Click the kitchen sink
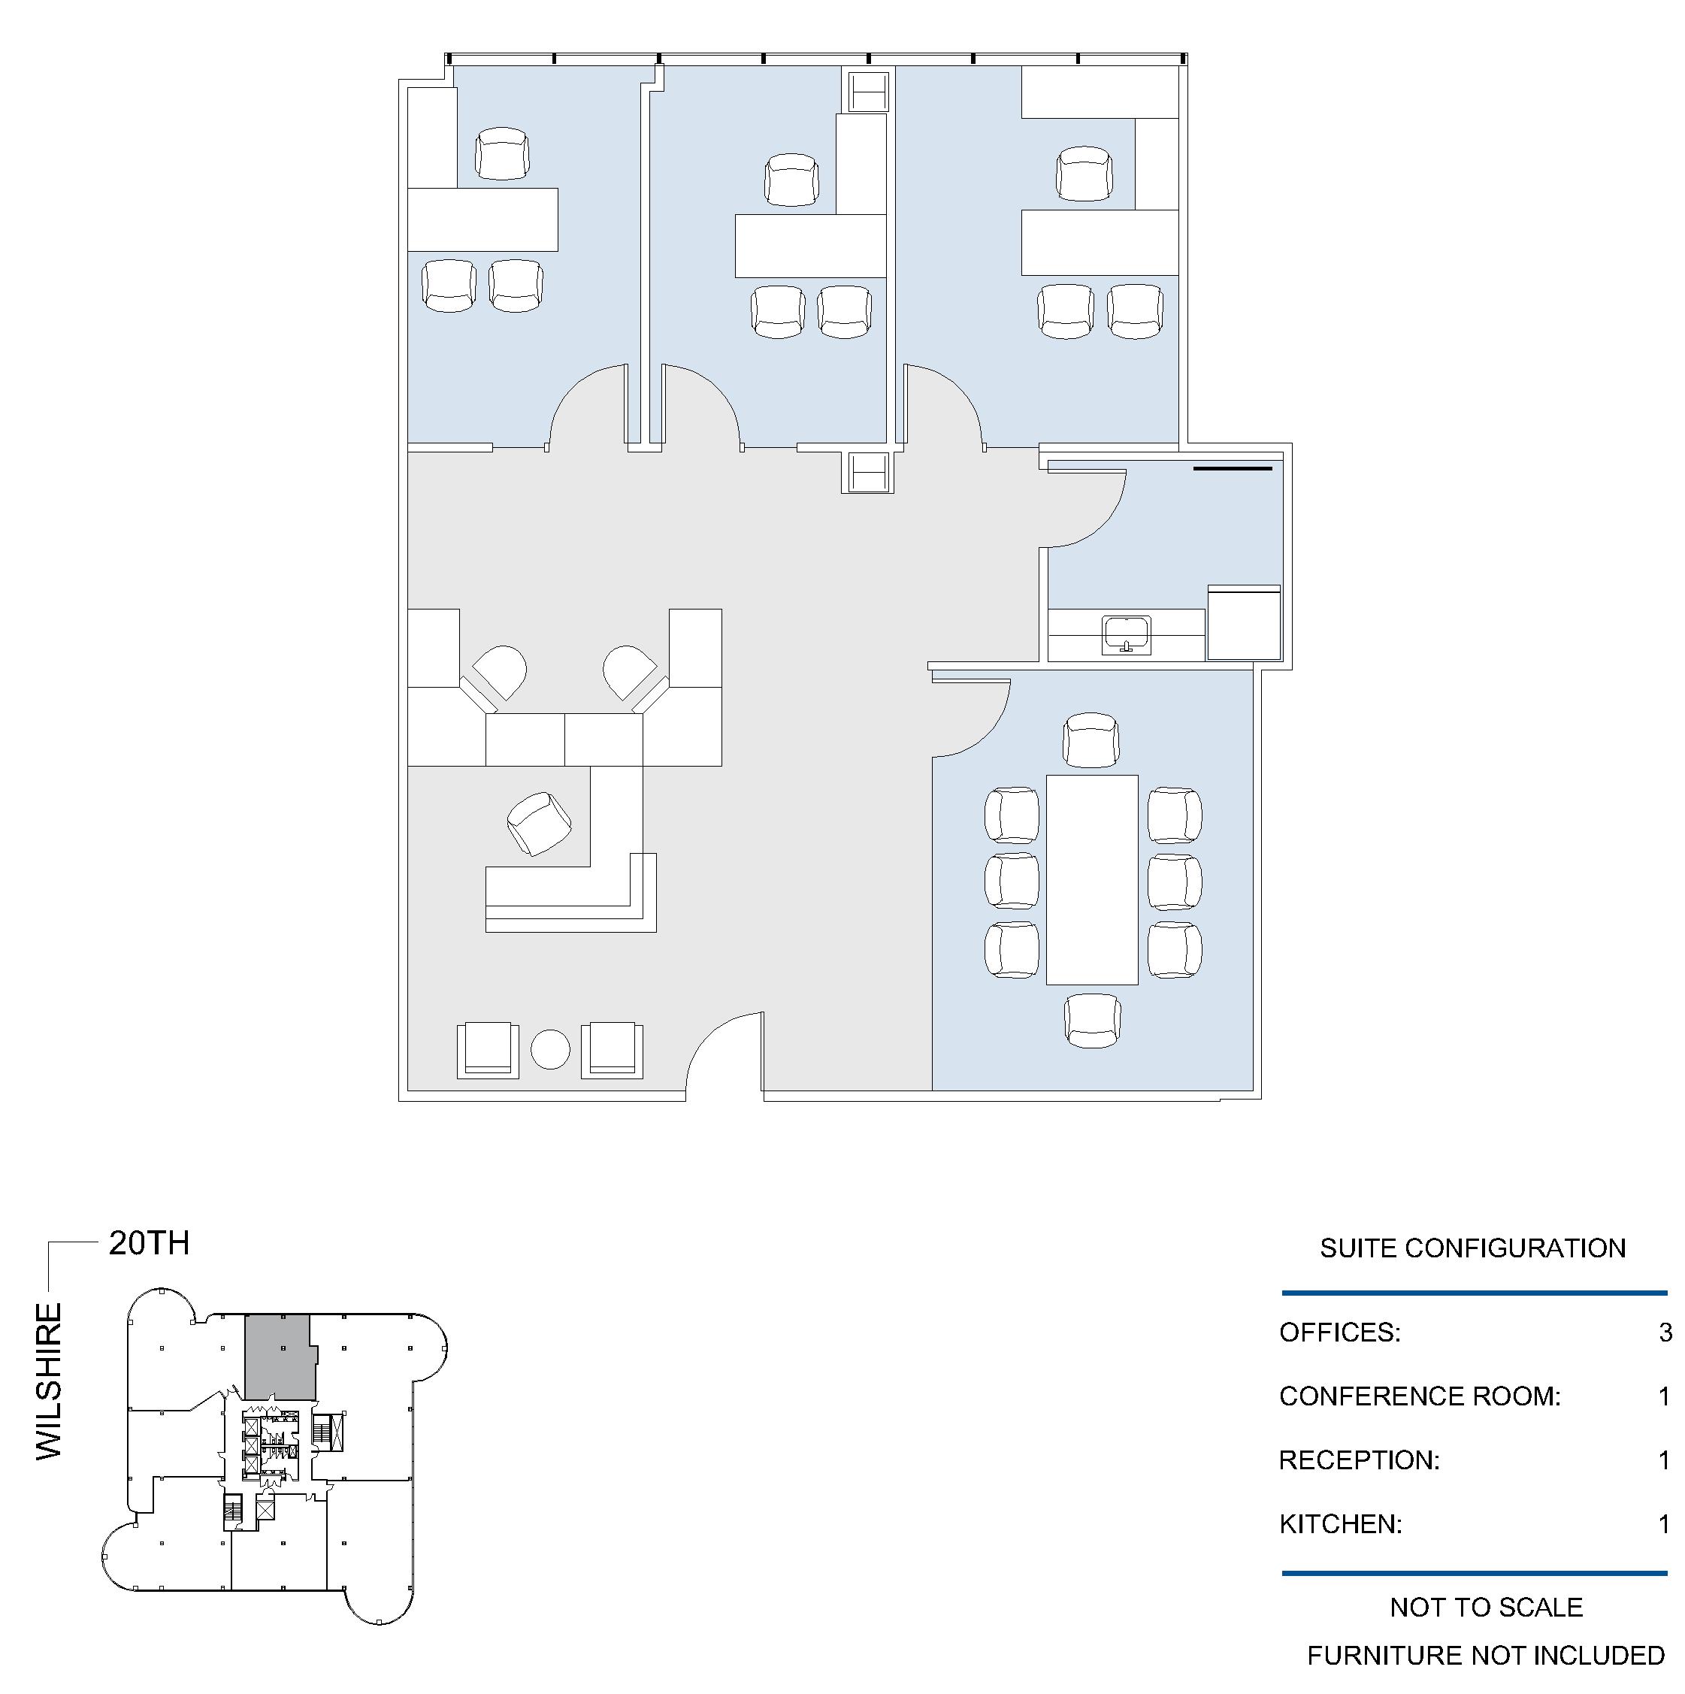click(x=1127, y=636)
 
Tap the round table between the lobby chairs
click(x=551, y=1048)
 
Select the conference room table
click(x=1092, y=879)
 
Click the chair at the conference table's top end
click(x=1091, y=740)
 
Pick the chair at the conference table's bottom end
click(x=1092, y=1020)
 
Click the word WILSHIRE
click(x=49, y=1382)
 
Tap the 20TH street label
click(x=149, y=1243)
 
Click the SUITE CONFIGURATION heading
click(x=1473, y=1248)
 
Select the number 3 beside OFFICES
click(x=1665, y=1332)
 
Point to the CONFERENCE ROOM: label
click(x=1420, y=1396)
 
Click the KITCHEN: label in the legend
click(x=1341, y=1524)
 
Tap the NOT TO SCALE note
click(x=1487, y=1607)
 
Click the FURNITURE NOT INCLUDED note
click(x=1486, y=1656)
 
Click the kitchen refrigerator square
click(x=1244, y=622)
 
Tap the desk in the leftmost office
click(x=483, y=219)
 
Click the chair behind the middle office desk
click(x=791, y=180)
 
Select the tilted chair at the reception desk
click(x=539, y=824)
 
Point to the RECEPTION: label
click(x=1360, y=1460)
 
